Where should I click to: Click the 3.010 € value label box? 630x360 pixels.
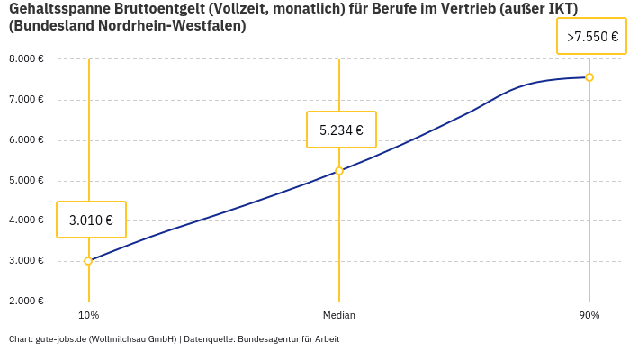coord(91,220)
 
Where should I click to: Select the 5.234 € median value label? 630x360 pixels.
coord(341,130)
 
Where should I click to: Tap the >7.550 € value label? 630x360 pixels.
coord(592,37)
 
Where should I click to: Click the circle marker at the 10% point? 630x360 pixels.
coord(88,261)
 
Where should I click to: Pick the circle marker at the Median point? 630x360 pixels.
coord(339,171)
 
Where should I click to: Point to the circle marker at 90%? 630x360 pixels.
coord(589,77)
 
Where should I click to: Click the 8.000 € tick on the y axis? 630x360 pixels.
coord(26,59)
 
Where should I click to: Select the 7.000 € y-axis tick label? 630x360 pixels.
coord(26,100)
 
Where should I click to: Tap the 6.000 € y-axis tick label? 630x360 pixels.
coord(26,140)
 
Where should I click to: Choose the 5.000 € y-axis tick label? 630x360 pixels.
coord(26,181)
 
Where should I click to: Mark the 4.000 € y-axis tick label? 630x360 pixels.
coord(26,220)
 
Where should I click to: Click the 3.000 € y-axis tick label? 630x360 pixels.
coord(26,261)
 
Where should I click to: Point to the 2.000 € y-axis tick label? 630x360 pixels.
coord(26,301)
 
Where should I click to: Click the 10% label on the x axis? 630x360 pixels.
coord(88,316)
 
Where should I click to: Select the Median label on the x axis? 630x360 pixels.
coord(339,316)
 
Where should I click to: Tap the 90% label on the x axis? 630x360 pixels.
coord(589,316)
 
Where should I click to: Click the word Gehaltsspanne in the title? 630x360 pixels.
coord(57,9)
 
